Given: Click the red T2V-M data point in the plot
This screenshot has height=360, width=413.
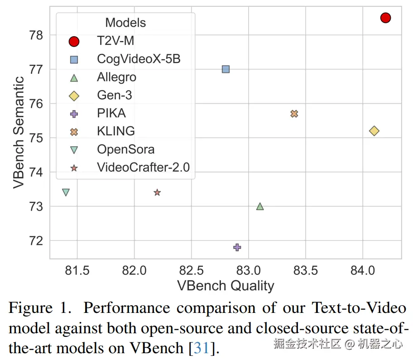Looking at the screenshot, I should click(x=385, y=18).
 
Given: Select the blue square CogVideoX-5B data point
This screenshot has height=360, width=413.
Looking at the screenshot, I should click(x=226, y=69).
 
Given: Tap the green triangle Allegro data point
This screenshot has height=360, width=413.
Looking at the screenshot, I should click(x=260, y=206).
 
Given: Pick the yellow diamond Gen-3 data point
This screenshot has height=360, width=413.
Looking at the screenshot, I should click(x=374, y=131).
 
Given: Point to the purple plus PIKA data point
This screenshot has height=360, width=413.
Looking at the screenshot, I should click(x=237, y=247).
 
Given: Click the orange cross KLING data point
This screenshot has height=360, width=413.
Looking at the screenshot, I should click(x=294, y=114).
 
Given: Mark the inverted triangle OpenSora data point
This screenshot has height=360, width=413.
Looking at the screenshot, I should click(x=66, y=192).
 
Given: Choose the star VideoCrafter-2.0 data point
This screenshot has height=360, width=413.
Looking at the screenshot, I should click(x=157, y=192).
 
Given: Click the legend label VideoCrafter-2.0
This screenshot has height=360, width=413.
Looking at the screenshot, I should click(x=143, y=167).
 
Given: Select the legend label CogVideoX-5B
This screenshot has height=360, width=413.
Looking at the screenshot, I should click(x=139, y=59).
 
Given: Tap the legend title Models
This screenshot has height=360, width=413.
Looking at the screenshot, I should click(x=125, y=23).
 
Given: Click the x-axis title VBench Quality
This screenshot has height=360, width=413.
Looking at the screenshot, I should click(x=226, y=286).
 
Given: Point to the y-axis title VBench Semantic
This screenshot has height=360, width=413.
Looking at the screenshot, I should click(x=19, y=132).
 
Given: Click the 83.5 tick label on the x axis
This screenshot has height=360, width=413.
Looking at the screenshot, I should click(x=306, y=271).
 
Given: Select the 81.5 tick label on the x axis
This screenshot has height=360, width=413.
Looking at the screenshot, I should click(x=77, y=271).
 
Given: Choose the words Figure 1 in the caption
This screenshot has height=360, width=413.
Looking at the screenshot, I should click(x=37, y=308).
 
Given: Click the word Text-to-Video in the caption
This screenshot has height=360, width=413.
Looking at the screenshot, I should click(x=359, y=308).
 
